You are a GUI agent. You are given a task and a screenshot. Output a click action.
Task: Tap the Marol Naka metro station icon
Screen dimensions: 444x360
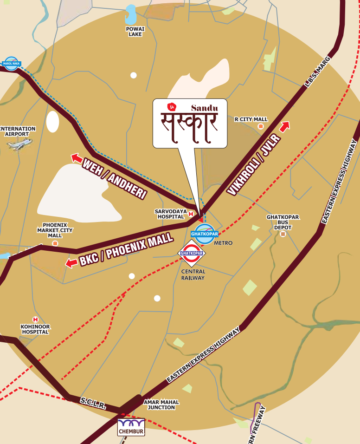[11, 63]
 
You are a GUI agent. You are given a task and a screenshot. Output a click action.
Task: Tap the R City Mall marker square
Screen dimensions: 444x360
[261, 126]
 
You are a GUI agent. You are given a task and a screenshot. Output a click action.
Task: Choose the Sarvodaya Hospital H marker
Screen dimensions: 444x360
[191, 214]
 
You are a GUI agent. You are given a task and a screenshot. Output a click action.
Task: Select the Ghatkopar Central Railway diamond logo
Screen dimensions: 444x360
[192, 254]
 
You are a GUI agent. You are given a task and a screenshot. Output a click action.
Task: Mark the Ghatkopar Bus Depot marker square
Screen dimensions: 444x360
[283, 234]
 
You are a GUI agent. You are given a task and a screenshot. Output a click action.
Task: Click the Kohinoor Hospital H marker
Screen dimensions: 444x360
[35, 320]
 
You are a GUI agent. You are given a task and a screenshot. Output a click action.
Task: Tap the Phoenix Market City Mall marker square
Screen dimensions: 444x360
[55, 243]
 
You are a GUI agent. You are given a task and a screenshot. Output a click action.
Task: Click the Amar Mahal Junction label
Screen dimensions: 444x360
[161, 405]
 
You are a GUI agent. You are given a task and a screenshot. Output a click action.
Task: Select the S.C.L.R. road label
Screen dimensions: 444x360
[92, 403]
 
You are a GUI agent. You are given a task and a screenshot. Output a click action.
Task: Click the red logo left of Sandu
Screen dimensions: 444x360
[171, 106]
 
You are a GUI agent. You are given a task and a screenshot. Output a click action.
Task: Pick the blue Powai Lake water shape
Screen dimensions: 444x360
[131, 15]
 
